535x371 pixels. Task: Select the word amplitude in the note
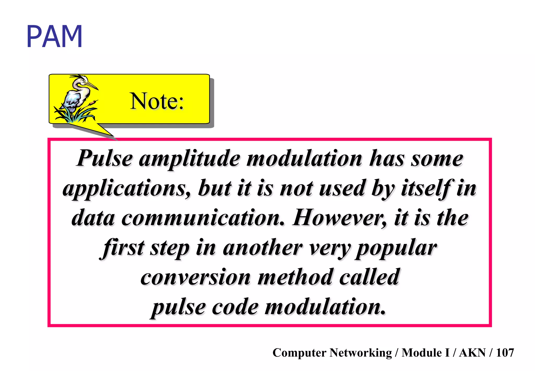190,159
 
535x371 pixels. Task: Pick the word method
295,277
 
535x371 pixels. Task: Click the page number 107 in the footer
505,353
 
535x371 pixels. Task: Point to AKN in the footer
472,353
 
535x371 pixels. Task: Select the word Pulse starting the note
104,159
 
